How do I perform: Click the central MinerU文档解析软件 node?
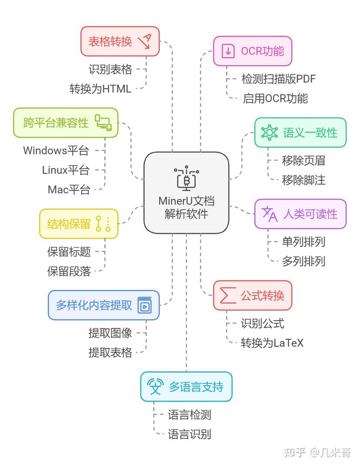point(186,192)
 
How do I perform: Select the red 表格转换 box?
point(120,41)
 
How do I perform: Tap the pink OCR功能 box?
point(252,51)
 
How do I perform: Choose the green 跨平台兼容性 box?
point(66,123)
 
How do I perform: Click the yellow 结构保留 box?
point(79,224)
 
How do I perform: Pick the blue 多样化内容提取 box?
point(103,305)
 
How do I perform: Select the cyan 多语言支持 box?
point(186,387)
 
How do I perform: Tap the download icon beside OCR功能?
point(228,51)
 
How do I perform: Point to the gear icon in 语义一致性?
point(269,132)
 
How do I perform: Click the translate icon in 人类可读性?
point(269,214)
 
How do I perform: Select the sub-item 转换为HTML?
point(100,89)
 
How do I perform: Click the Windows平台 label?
point(56,151)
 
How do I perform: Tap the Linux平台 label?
point(65,170)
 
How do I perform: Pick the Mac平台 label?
point(69,189)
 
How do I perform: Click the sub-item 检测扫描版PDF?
point(278,79)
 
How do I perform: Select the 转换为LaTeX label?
point(272,343)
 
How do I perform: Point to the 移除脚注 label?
point(303,180)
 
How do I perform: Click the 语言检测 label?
point(190,415)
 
